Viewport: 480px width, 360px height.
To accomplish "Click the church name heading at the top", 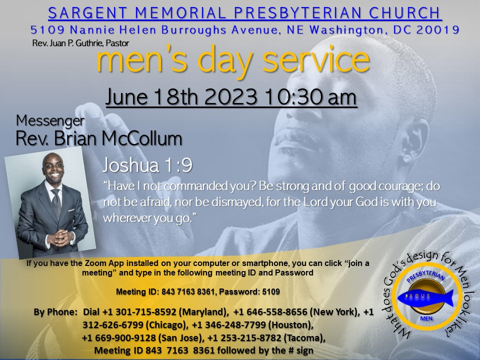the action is click(x=244, y=13).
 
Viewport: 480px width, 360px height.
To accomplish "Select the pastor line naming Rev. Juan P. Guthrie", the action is click(x=80, y=43).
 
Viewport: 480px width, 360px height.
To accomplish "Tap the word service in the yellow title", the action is click(x=316, y=59).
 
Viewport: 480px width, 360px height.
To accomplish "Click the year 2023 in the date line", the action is click(x=230, y=97).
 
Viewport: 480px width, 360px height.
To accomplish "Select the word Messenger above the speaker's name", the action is click(x=50, y=120).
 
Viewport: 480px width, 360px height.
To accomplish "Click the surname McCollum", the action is click(x=141, y=138).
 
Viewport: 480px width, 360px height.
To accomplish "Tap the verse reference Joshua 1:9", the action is click(x=147, y=165).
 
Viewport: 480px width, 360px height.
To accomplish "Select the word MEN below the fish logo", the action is click(x=426, y=318).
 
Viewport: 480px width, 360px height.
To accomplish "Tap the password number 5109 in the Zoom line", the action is click(x=271, y=291).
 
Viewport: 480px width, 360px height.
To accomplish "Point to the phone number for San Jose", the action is click(x=119, y=338).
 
